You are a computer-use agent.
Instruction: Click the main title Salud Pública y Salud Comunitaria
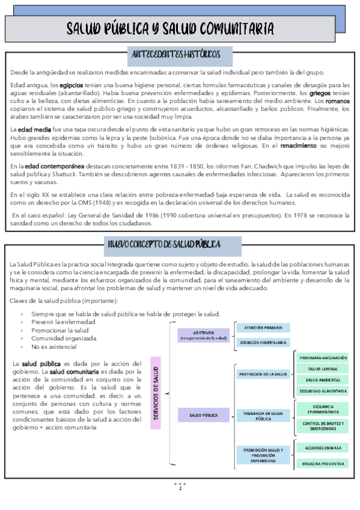click(x=171, y=29)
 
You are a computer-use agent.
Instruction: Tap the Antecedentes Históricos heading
click(x=180, y=55)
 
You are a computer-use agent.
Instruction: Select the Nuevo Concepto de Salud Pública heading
click(x=172, y=244)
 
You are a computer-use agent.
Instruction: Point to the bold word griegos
click(x=320, y=94)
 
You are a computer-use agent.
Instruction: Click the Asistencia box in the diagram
click(x=204, y=335)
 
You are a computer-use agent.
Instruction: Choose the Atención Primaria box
click(x=263, y=328)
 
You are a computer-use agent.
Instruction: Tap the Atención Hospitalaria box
click(x=263, y=342)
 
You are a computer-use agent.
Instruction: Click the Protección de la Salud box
click(x=263, y=374)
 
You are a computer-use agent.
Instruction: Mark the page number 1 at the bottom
click(x=180, y=488)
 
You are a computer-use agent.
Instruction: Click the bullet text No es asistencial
click(x=54, y=347)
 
